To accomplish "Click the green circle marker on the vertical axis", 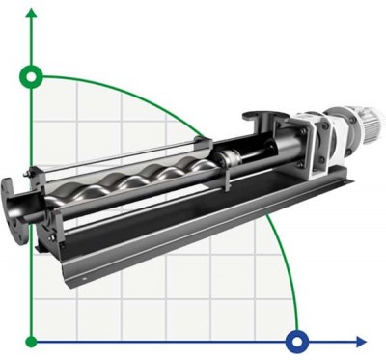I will pos(33,76).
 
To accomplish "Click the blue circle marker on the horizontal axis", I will pos(297,341).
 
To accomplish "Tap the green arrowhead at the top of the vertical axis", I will pos(33,12).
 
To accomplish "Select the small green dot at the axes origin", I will pos(33,341).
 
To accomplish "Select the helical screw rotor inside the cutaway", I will pos(145,179).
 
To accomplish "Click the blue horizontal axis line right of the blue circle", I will pos(333,341).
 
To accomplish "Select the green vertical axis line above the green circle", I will pos(33,43).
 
